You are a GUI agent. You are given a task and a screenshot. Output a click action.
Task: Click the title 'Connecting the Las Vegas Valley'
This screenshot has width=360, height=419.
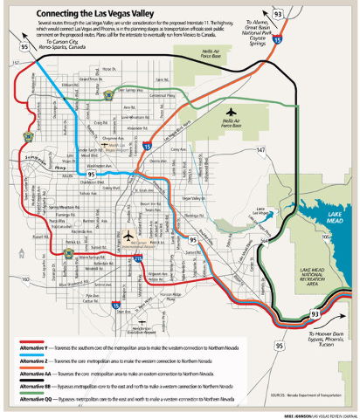tap(104, 14)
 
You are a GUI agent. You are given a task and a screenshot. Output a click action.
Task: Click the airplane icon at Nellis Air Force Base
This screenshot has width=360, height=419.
tap(231, 112)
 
